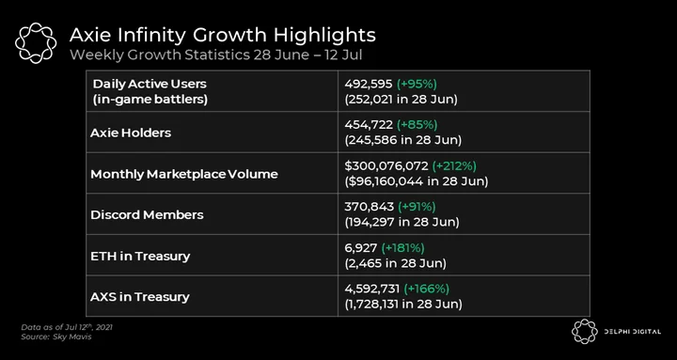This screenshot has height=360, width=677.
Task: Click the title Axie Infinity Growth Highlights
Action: tap(222, 35)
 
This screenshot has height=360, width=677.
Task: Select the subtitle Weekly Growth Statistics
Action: tap(160, 55)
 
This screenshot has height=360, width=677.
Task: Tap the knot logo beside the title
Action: tap(36, 43)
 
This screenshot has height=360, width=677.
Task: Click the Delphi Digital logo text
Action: tap(632, 332)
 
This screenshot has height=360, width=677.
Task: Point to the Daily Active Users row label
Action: tap(150, 91)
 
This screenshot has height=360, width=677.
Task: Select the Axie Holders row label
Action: tap(131, 133)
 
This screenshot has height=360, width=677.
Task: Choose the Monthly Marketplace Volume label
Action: tap(184, 174)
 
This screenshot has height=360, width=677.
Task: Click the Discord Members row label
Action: tap(147, 215)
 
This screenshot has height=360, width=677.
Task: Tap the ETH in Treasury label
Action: tap(140, 256)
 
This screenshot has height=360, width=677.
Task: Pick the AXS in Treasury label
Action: tap(140, 297)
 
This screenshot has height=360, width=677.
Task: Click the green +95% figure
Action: tap(417, 84)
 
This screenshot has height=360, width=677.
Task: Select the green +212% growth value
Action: tap(454, 165)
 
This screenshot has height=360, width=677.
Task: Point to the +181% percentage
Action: tap(402, 248)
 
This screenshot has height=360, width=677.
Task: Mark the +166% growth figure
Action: tap(427, 289)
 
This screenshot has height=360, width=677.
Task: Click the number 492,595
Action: tap(369, 84)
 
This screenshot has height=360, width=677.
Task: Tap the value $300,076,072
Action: tap(386, 165)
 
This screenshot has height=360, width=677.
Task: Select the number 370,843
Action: tap(370, 207)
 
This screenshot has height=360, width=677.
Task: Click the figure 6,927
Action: tap(361, 248)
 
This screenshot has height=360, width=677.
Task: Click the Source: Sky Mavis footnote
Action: tap(56, 337)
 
